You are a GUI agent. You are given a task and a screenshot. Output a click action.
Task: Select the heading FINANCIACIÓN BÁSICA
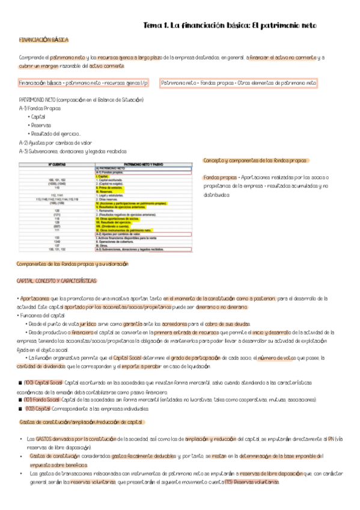point(44,39)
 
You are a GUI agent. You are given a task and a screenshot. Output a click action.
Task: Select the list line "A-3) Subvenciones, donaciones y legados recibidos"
point(73,151)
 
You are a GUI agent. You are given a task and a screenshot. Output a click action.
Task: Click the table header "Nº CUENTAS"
point(58,164)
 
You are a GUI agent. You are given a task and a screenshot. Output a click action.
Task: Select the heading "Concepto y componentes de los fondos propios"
point(256,161)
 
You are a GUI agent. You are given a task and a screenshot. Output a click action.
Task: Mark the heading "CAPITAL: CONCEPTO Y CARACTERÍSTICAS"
point(56,281)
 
